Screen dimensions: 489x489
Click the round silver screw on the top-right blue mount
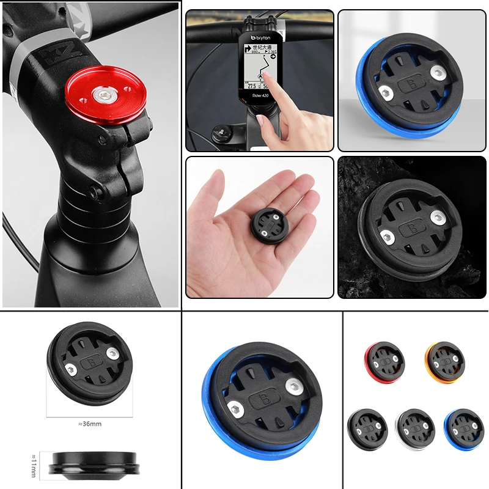point(438,73)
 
